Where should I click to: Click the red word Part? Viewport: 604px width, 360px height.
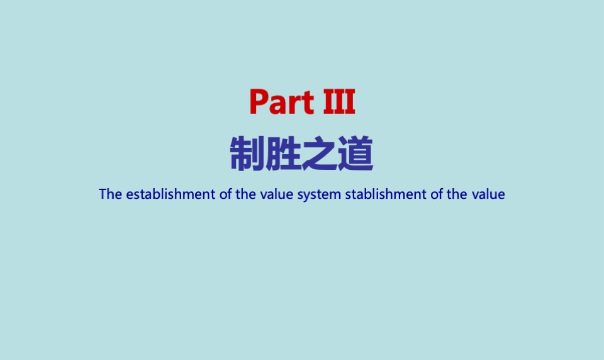pyautogui.click(x=281, y=102)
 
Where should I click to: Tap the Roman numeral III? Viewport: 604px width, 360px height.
pyautogui.click(x=339, y=102)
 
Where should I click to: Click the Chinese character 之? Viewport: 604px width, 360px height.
pyautogui.click(x=320, y=155)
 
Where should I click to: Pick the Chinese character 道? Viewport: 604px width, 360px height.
pyautogui.click(x=355, y=155)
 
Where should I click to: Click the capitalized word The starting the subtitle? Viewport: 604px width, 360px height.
pyautogui.click(x=110, y=194)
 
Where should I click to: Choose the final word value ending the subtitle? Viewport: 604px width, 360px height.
pyautogui.click(x=488, y=194)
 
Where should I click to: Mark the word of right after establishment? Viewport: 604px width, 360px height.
pyautogui.click(x=226, y=194)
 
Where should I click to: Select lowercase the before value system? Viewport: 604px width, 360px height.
pyautogui.click(x=245, y=194)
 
